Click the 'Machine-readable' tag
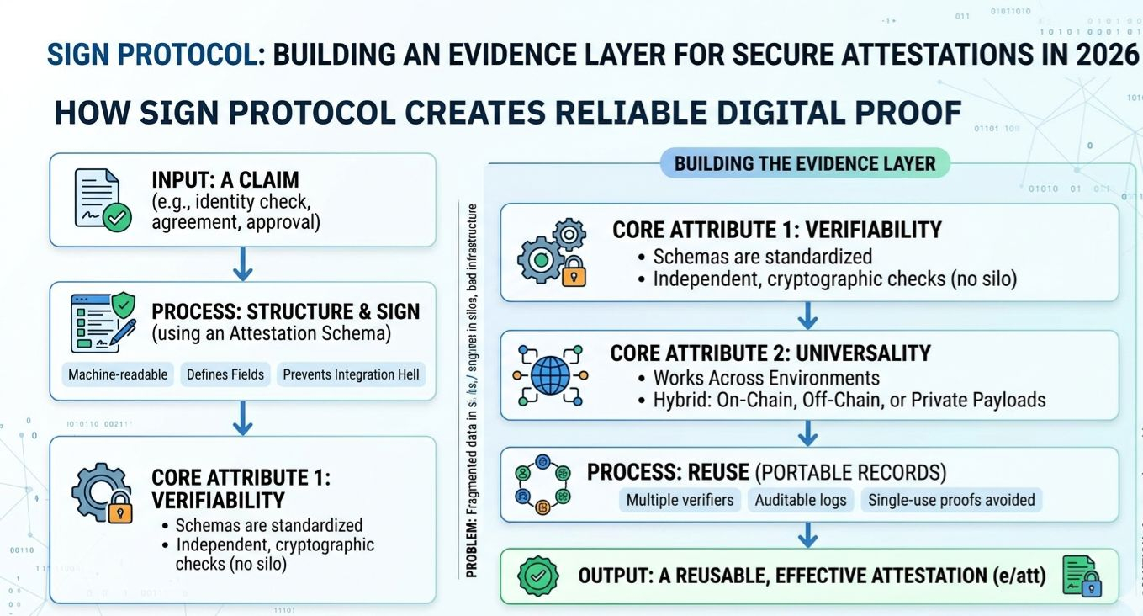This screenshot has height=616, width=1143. [118, 374]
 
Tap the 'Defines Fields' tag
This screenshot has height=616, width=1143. [225, 374]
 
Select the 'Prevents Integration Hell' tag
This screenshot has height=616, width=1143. [351, 374]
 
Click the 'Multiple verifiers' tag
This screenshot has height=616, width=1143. [680, 500]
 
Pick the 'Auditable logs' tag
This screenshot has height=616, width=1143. [800, 500]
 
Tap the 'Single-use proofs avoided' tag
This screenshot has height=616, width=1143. [951, 500]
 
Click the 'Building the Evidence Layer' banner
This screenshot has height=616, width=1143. [805, 163]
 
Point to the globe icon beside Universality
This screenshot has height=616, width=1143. [552, 374]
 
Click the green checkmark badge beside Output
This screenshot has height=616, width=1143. [537, 576]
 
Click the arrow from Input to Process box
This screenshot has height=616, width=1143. [242, 263]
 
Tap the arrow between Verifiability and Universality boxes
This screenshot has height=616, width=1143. [807, 316]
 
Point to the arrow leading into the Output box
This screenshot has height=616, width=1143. [807, 534]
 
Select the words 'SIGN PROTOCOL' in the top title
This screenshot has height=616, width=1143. [151, 55]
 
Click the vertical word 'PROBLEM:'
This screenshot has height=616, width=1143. [472, 548]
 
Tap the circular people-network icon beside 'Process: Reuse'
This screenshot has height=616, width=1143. [542, 486]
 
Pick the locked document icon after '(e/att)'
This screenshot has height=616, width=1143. [1082, 576]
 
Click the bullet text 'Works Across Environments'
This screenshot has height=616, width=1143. [765, 378]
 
